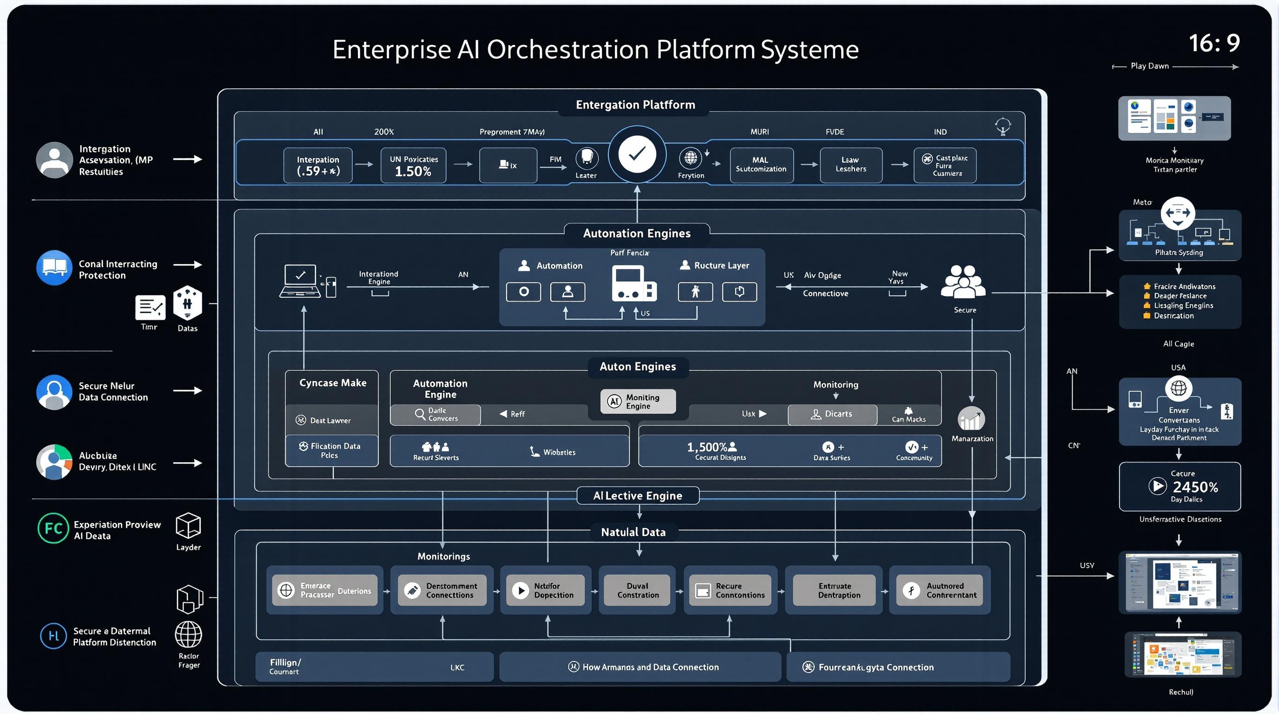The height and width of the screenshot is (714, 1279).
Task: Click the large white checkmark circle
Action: (637, 154)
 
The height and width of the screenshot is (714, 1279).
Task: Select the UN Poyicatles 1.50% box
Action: (413, 166)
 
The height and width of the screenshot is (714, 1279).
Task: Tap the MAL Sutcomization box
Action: (761, 165)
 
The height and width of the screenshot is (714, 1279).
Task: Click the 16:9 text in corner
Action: (1214, 43)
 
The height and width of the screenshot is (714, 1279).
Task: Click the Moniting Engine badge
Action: (638, 401)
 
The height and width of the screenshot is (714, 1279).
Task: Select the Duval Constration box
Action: (637, 590)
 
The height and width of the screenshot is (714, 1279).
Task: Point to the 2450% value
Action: (1195, 487)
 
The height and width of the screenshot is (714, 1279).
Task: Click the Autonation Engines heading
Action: (637, 233)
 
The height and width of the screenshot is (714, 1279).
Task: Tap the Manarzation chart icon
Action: (971, 419)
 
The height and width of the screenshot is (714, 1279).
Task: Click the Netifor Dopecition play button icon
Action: (521, 590)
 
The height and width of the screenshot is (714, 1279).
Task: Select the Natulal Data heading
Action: (633, 532)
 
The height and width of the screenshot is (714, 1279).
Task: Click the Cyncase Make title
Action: (333, 383)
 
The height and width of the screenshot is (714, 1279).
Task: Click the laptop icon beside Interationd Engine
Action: (300, 281)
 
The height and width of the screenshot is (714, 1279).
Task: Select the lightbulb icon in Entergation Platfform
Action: (1003, 126)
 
